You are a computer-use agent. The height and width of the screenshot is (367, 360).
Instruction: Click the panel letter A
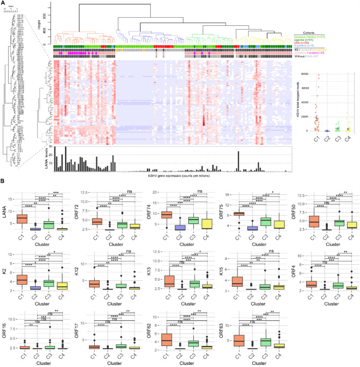coord(3,3)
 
